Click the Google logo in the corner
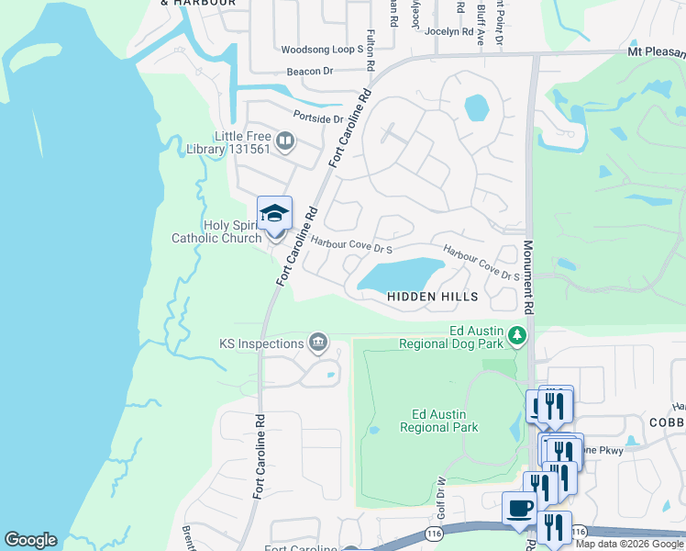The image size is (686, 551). click(x=30, y=540)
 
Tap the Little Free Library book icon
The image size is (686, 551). click(x=285, y=141)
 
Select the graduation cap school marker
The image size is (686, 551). click(x=274, y=214)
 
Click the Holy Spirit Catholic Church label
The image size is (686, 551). click(x=216, y=231)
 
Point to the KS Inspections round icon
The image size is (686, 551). click(x=318, y=343)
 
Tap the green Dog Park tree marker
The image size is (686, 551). click(x=517, y=336)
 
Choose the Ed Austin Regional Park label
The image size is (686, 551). click(x=439, y=420)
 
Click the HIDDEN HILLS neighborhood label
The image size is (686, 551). click(x=432, y=297)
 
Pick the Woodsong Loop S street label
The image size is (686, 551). click(x=323, y=50)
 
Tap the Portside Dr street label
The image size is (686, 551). click(x=317, y=118)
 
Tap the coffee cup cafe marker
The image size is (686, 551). click(x=520, y=509)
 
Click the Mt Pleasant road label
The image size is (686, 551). click(x=656, y=51)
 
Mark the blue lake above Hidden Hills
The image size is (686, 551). click(x=404, y=274)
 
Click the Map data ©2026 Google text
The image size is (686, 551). click(x=630, y=544)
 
